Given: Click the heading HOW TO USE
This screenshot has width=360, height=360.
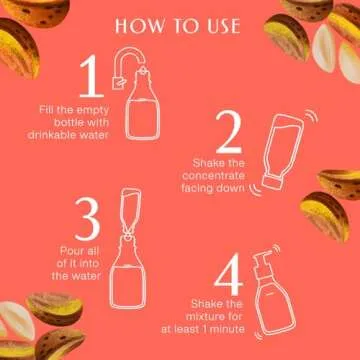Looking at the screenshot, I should pos(180,23).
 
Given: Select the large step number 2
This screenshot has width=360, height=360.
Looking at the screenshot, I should pos(229,132).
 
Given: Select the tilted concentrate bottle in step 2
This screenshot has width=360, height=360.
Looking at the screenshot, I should pos(285,155).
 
